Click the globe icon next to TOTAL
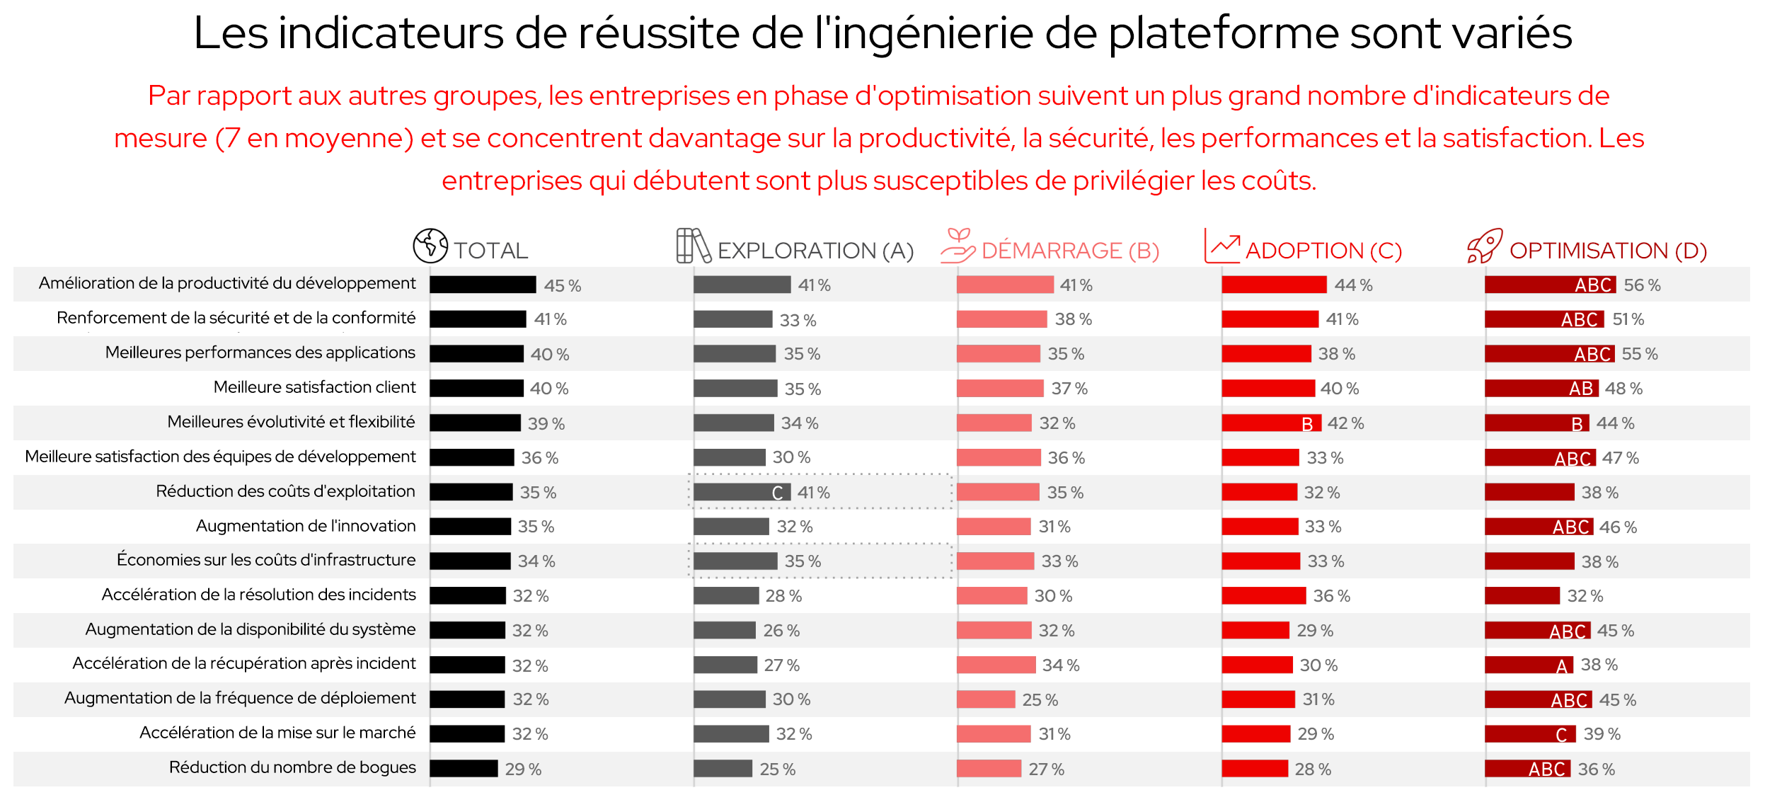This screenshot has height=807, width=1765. click(430, 246)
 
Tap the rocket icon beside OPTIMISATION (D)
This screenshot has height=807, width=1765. click(1484, 246)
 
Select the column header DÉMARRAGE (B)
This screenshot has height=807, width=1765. click(1070, 251)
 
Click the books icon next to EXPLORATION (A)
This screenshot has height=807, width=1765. click(693, 246)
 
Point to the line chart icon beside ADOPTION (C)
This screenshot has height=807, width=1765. click(1222, 246)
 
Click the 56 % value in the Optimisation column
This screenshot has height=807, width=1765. click(1642, 285)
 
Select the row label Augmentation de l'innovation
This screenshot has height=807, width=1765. click(306, 526)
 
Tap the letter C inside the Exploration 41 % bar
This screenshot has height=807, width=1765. click(777, 493)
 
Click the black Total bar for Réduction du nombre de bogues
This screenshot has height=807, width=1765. click(464, 769)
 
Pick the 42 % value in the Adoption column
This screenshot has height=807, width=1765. click(1345, 423)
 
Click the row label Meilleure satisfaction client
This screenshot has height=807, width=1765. click(314, 387)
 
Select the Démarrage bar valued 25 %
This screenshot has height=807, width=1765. click(986, 699)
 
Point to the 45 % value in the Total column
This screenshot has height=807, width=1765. click(563, 286)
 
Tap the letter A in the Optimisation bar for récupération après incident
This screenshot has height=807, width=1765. click(1562, 666)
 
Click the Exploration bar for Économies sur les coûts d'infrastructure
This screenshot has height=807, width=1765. click(735, 561)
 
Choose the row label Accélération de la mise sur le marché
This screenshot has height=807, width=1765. click(277, 733)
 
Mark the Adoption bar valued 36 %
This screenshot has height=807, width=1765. click(1263, 596)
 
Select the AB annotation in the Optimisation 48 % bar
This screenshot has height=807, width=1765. click(1580, 389)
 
